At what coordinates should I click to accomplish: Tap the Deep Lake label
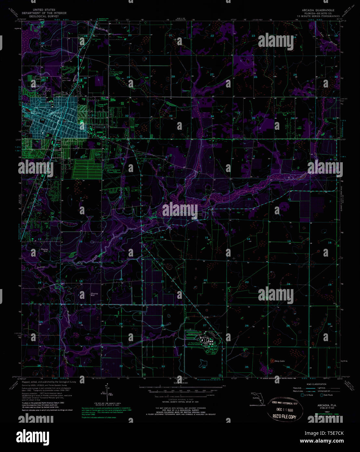click(280, 361)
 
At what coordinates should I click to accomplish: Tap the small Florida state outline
click(255, 397)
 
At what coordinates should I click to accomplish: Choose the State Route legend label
click(328, 395)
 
